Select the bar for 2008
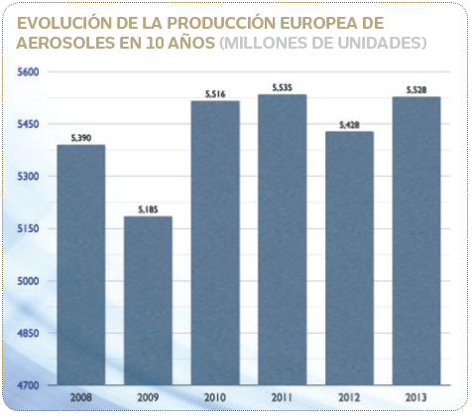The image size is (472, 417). [x=80, y=264]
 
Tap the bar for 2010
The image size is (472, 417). [x=215, y=242]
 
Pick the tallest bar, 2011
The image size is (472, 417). [x=282, y=239]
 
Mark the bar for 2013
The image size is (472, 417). [x=416, y=240]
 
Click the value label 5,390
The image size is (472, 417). [x=80, y=138]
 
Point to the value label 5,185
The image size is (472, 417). [x=148, y=209]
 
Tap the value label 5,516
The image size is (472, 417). [x=215, y=93]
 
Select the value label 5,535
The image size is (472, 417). [x=282, y=87]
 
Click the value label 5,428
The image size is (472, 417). [x=349, y=124]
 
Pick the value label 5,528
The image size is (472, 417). [x=416, y=89]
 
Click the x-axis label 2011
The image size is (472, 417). [x=282, y=397]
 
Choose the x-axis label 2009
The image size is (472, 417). [x=148, y=397]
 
